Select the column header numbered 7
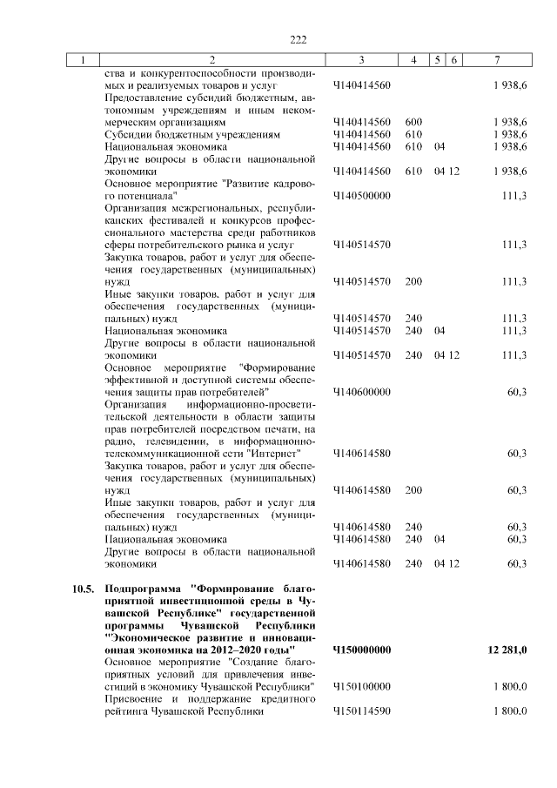pyautogui.click(x=496, y=60)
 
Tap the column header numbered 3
pyautogui.click(x=361, y=60)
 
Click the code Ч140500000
pyautogui.click(x=361, y=197)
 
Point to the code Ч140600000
pyautogui.click(x=361, y=393)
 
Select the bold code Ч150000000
pyautogui.click(x=362, y=650)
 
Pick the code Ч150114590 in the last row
pyautogui.click(x=361, y=711)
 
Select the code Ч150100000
pyautogui.click(x=361, y=687)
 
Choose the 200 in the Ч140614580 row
pyautogui.click(x=413, y=490)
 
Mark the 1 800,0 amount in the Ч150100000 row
pyautogui.click(x=509, y=687)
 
